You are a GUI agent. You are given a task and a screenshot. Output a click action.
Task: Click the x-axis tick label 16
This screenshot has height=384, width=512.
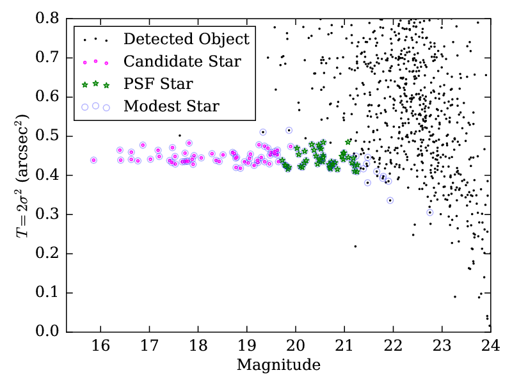click(100, 348)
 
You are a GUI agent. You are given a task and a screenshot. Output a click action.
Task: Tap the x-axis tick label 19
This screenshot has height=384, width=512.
click(246, 348)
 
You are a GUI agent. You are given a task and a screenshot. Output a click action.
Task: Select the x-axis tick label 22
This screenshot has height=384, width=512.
click(392, 348)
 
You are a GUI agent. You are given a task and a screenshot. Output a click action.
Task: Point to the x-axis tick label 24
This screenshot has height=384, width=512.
click(490, 348)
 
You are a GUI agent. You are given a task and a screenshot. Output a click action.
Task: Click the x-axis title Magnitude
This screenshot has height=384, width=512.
click(278, 365)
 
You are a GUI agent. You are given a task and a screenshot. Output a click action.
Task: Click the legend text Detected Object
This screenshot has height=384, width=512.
click(186, 39)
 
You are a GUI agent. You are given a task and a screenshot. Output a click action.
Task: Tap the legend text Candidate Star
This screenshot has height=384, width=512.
click(182, 61)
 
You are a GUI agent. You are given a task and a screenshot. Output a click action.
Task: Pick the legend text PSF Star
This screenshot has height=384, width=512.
click(158, 84)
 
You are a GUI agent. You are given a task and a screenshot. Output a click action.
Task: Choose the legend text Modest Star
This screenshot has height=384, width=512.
click(172, 106)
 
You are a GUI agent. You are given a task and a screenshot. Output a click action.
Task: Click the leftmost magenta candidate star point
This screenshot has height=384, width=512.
click(94, 160)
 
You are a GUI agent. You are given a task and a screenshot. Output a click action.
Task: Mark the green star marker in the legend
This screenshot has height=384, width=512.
click(95, 84)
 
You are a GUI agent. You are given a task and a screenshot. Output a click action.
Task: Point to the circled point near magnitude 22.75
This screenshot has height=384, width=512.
click(430, 212)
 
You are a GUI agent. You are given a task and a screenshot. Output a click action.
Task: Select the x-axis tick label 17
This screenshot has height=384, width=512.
click(149, 348)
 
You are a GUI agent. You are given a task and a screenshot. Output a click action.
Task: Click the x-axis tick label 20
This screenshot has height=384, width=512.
click(295, 348)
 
